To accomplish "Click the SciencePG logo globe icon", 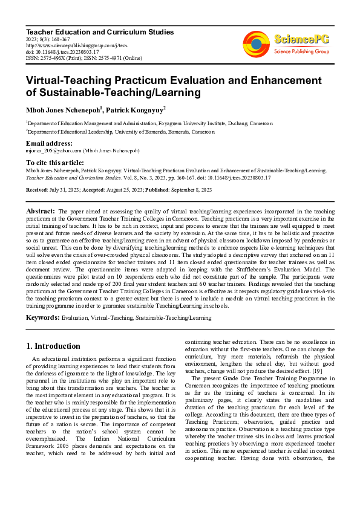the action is click(256, 43).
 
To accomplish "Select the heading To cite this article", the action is click(55, 163).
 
